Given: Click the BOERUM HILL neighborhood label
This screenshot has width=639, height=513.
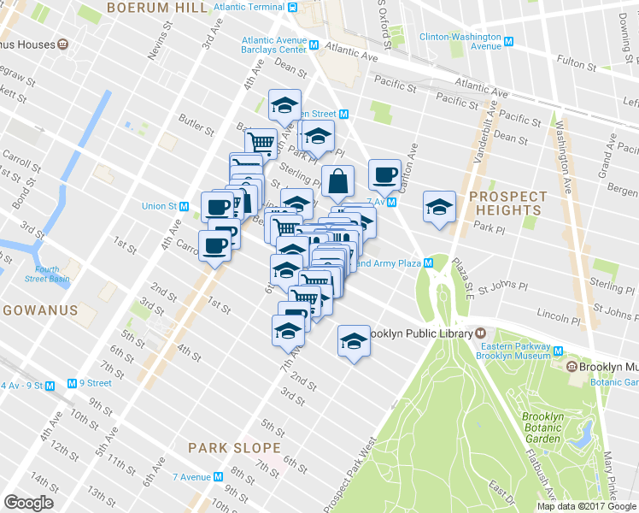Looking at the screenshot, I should [156, 8].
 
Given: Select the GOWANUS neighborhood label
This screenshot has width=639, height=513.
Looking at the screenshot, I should [40, 309].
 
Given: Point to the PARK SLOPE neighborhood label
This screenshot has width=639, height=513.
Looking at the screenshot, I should [234, 447].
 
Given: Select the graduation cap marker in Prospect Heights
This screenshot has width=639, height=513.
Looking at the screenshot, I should [440, 208].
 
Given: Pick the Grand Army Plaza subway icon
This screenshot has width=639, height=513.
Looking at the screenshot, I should [428, 263].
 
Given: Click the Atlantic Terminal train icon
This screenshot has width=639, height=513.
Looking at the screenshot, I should [292, 8].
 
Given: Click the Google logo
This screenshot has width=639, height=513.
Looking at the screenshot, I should [28, 504].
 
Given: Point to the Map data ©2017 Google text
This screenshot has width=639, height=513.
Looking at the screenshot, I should [586, 506].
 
